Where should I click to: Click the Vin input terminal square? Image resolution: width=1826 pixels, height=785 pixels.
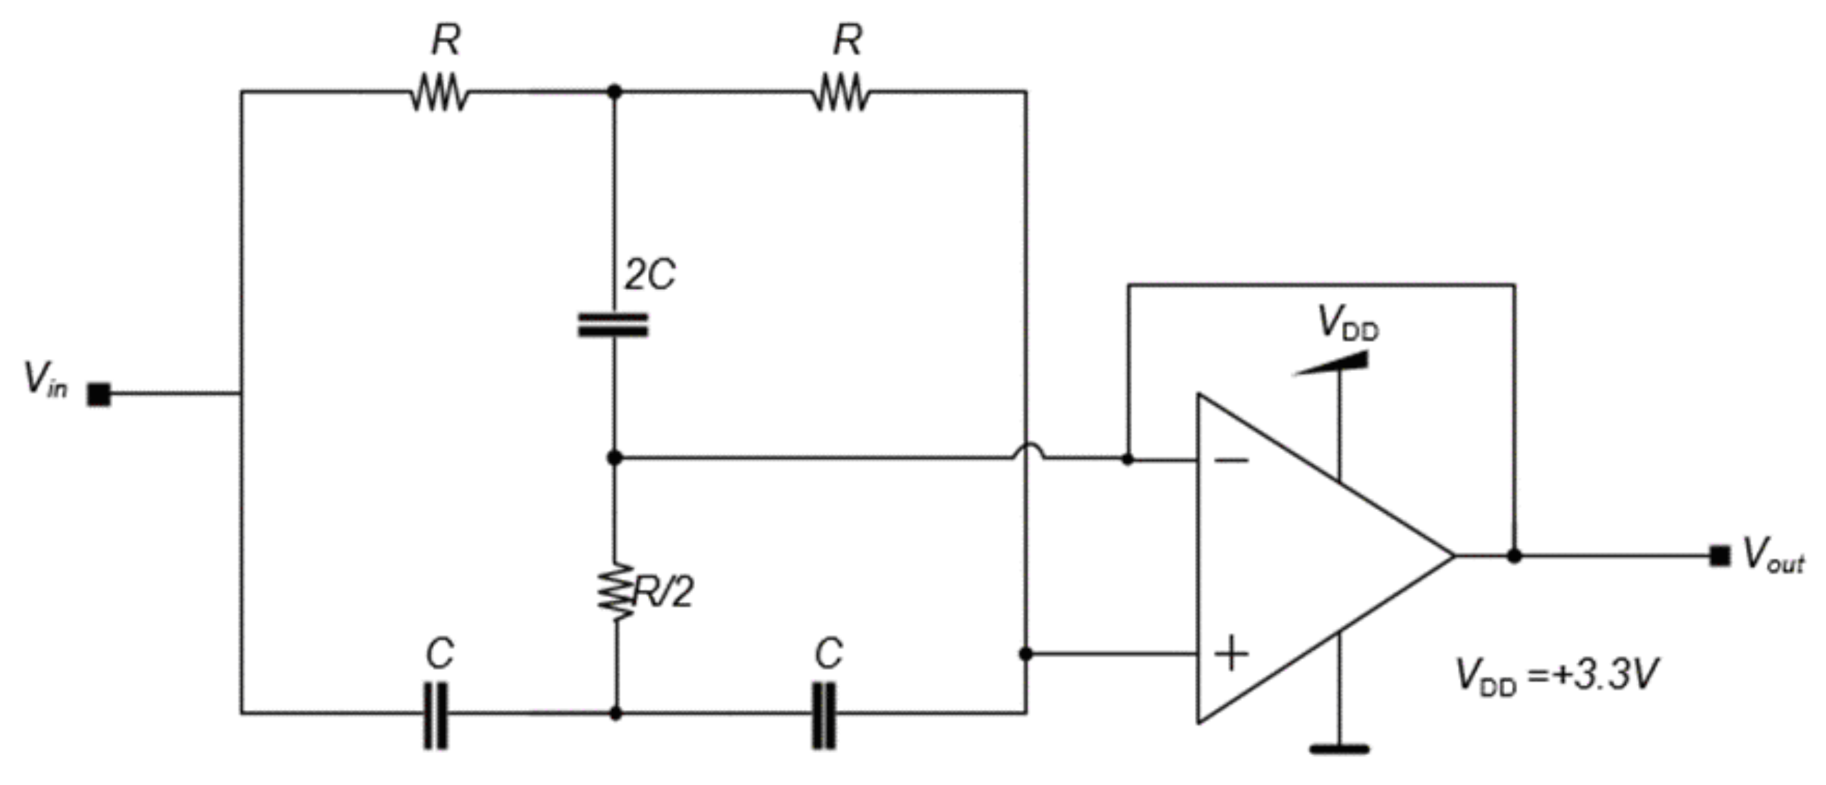pyautogui.click(x=99, y=394)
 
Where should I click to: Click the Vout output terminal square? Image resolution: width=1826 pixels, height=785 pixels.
pyautogui.click(x=1719, y=556)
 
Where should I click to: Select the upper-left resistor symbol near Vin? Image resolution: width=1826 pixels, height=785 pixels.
pyautogui.click(x=439, y=93)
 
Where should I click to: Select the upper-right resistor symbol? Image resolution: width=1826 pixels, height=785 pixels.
pyautogui.click(x=841, y=93)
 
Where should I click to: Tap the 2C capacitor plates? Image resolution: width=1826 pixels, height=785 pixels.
pyautogui.click(x=613, y=325)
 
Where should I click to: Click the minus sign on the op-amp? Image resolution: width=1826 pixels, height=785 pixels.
pyautogui.click(x=1232, y=461)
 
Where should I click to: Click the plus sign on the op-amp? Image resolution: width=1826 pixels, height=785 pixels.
pyautogui.click(x=1232, y=653)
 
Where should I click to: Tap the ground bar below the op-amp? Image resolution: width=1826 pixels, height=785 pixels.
pyautogui.click(x=1339, y=749)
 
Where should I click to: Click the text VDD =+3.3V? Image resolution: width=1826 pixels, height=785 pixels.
pyautogui.click(x=1556, y=675)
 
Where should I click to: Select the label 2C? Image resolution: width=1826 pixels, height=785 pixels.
pyautogui.click(x=649, y=274)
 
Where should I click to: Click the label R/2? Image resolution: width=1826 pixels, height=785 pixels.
pyautogui.click(x=664, y=592)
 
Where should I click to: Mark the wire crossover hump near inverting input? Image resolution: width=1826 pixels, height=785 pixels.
pyautogui.click(x=1027, y=451)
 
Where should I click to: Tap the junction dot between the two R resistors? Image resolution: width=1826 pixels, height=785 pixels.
pyautogui.click(x=615, y=91)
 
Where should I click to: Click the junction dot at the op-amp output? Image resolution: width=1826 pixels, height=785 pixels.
pyautogui.click(x=1514, y=556)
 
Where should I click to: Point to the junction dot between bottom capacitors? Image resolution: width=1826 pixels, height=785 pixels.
pyautogui.click(x=615, y=713)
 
